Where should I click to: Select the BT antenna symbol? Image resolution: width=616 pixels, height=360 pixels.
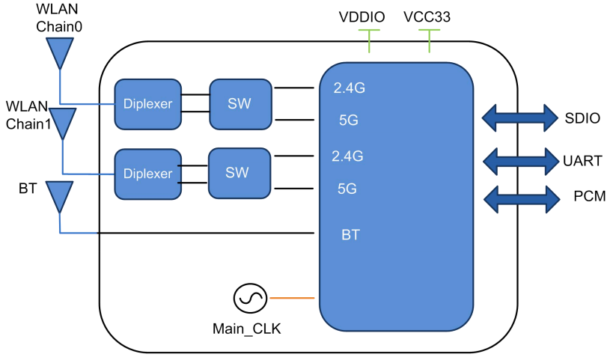click(59, 197)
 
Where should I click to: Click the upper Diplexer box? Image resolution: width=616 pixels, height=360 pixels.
click(147, 103)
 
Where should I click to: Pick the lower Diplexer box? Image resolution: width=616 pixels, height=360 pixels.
click(147, 174)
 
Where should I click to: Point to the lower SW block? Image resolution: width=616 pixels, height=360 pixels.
click(237, 173)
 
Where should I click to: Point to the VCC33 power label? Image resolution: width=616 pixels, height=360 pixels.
click(427, 16)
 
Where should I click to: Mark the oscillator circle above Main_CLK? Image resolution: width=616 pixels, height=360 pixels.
click(247, 299)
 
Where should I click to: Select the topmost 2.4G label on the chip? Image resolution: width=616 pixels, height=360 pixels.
click(348, 88)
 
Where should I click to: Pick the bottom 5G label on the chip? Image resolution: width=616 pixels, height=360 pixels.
click(347, 189)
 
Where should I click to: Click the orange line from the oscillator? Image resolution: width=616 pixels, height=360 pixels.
click(291, 298)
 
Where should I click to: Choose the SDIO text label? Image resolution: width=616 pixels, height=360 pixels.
click(582, 118)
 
